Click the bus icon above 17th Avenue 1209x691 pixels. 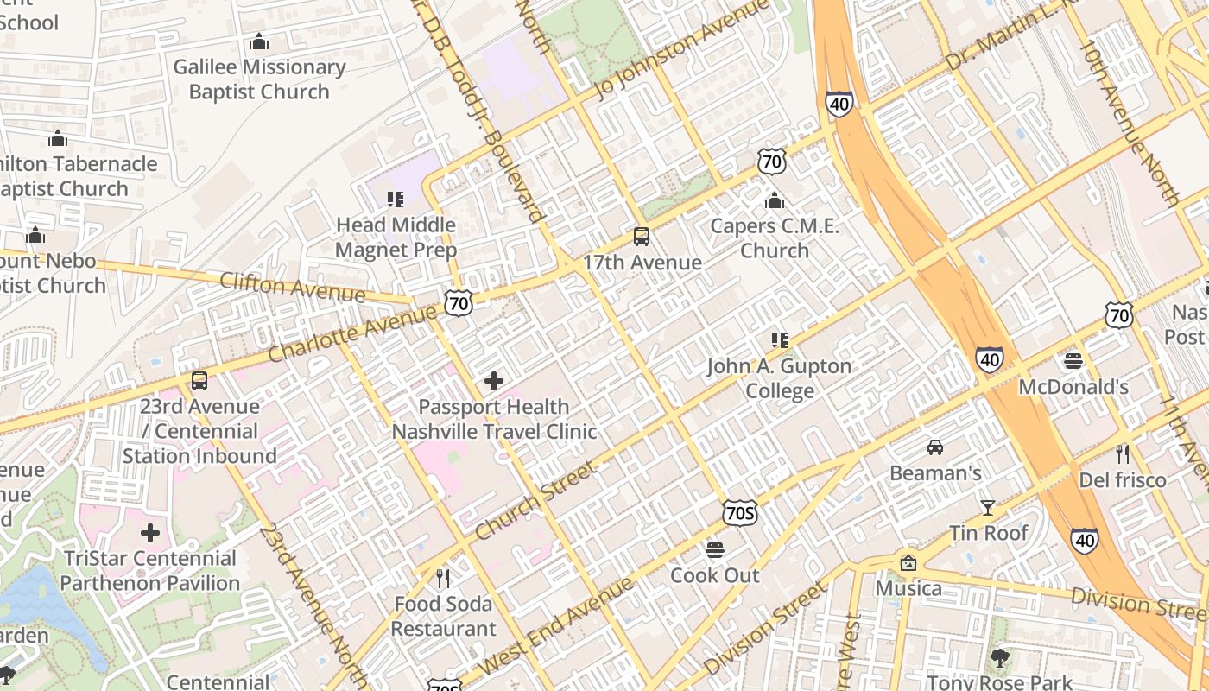point(641,237)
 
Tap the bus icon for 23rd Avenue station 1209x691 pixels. point(199,381)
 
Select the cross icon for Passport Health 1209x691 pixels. point(494,381)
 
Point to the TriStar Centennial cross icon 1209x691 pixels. point(150,533)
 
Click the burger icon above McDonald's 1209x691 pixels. point(1073,361)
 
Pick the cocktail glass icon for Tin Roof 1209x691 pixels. point(988,508)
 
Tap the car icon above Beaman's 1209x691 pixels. point(935,447)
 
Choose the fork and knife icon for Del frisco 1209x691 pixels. point(1122,454)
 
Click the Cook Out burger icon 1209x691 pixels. point(714,550)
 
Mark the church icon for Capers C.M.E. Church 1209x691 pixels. point(775,200)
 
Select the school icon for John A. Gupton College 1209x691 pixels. point(780,340)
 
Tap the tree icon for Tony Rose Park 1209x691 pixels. point(1000,658)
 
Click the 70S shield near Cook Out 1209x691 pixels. point(740,513)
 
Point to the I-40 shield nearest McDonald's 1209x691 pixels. point(990,358)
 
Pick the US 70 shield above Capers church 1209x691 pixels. point(772,161)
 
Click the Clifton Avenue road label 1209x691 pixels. point(292,288)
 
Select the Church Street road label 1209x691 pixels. point(535,501)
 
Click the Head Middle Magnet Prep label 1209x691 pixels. point(396,238)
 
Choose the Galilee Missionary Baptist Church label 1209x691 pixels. point(259,79)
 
